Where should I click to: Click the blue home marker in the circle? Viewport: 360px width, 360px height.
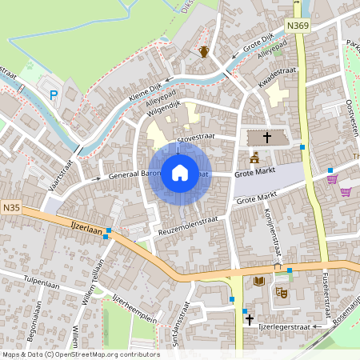tap(180, 173)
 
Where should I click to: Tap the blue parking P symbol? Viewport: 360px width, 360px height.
tap(54, 95)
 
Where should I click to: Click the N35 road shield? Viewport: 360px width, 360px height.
tap(11, 208)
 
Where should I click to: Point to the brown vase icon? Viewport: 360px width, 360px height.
tap(204, 52)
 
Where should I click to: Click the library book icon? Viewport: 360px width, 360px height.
tap(258, 280)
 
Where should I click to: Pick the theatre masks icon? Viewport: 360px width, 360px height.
tap(282, 293)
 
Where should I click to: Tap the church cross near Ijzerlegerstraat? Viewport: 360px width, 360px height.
tap(250, 319)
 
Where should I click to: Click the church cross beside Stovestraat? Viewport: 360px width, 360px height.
tap(266, 138)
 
